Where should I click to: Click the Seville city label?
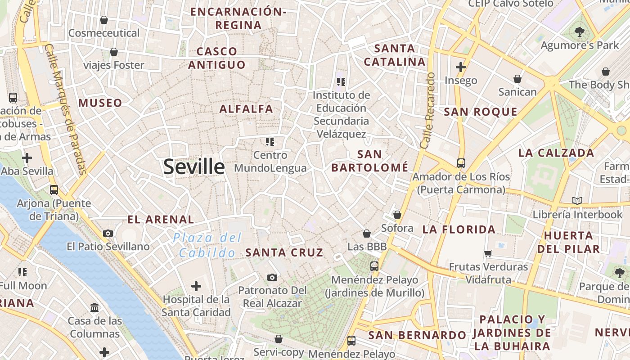pyautogui.click(x=193, y=167)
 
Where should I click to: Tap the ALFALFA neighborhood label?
pyautogui.click(x=246, y=109)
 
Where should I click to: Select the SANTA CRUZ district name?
pyautogui.click(x=284, y=252)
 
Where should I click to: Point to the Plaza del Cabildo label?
pyautogui.click(x=208, y=245)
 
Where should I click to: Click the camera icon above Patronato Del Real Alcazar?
pyautogui.click(x=272, y=277)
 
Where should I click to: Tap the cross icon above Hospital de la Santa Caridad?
pyautogui.click(x=196, y=286)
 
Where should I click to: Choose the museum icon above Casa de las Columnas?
pyautogui.click(x=94, y=308)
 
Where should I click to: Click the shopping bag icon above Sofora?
pyautogui.click(x=397, y=215)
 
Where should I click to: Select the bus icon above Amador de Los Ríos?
pyautogui.click(x=461, y=163)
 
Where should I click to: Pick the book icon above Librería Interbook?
pyautogui.click(x=577, y=201)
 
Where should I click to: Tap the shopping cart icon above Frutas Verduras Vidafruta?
pyautogui.click(x=488, y=253)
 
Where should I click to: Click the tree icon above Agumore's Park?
pyautogui.click(x=579, y=31)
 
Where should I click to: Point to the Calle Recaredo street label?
pyautogui.click(x=427, y=111)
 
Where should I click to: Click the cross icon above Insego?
pyautogui.click(x=460, y=67)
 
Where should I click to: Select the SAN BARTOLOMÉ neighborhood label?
pyautogui.click(x=370, y=161)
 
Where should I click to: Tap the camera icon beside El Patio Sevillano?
pyautogui.click(x=108, y=233)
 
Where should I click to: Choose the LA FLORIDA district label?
pyautogui.click(x=459, y=229)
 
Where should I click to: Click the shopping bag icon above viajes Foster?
pyautogui.click(x=114, y=52)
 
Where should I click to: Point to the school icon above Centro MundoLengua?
pyautogui.click(x=270, y=142)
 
